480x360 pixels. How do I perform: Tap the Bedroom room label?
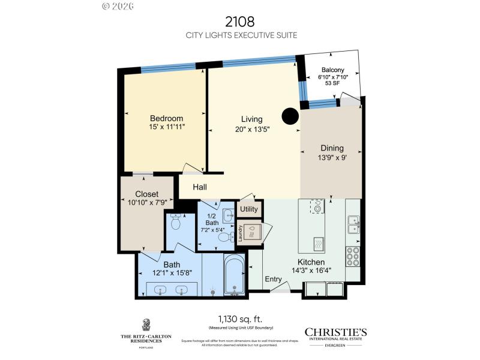tap(166, 118)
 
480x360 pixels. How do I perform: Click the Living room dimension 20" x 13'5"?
tap(252, 128)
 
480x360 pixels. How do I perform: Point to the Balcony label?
tap(332, 70)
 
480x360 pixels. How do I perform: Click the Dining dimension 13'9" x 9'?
tap(332, 158)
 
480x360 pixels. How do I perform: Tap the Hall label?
tap(200, 187)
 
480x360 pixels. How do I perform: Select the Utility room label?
tap(249, 209)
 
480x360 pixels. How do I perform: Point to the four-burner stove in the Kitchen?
tap(353, 256)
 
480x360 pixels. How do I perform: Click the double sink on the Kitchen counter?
tap(353, 224)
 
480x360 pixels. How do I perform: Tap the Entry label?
tap(274, 279)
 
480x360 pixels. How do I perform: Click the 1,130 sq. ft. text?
tap(239, 319)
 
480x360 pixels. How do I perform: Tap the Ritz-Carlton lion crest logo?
tap(146, 325)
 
